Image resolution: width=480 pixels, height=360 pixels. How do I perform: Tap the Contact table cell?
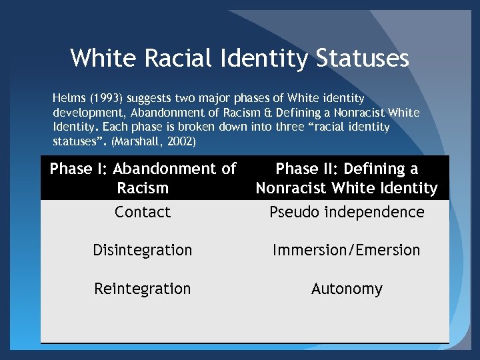(143, 212)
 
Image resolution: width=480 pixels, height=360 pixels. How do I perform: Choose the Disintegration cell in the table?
(143, 250)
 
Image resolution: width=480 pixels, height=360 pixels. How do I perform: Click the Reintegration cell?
(143, 289)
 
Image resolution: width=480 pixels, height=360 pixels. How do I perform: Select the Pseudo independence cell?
(347, 212)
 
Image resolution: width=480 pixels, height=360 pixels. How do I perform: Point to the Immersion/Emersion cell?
(347, 250)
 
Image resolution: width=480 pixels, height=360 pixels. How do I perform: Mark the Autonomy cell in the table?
(347, 289)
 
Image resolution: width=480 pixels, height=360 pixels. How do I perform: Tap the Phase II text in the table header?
(303, 169)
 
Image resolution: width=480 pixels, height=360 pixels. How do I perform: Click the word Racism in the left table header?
(142, 188)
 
